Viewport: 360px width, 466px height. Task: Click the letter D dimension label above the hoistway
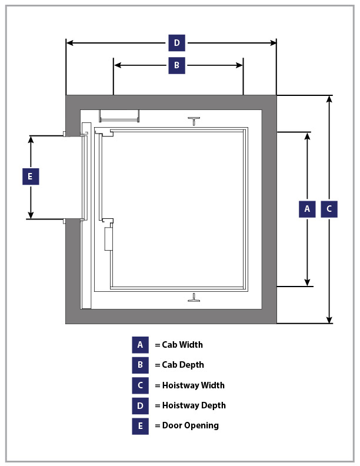[176, 43]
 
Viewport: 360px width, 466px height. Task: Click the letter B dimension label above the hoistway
[176, 65]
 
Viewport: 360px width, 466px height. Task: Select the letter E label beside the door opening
[31, 177]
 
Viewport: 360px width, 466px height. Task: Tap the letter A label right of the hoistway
[306, 209]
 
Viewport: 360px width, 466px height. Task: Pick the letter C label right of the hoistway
[329, 209]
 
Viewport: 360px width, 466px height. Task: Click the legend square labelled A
[140, 345]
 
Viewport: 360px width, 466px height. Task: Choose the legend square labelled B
[140, 365]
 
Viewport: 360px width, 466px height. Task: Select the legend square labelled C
[140, 385]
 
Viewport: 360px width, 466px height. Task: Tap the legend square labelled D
[140, 405]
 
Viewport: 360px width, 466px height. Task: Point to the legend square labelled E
[140, 425]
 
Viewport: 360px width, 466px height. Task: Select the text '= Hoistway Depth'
[190, 405]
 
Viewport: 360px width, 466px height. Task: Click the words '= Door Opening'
[186, 425]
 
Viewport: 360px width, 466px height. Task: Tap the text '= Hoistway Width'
[189, 385]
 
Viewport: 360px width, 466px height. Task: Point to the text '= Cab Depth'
[179, 365]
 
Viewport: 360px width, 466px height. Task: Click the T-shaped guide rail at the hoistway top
[194, 121]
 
